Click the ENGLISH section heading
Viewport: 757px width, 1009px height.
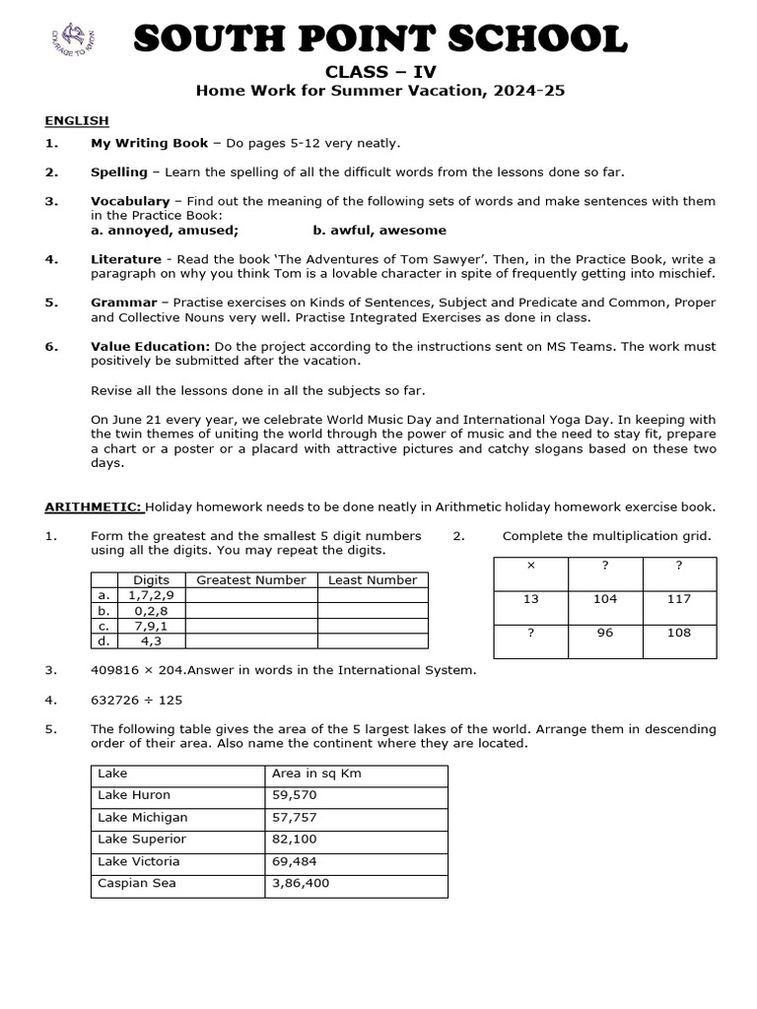point(77,121)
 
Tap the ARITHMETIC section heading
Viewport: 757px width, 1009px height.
point(94,507)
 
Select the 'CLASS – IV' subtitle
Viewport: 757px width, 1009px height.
point(379,71)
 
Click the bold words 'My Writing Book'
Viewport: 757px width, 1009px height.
point(150,144)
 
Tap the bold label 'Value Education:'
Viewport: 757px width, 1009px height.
point(150,347)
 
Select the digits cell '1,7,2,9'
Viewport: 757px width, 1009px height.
point(151,595)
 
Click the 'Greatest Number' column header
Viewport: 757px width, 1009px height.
point(251,580)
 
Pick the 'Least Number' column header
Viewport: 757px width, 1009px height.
point(373,580)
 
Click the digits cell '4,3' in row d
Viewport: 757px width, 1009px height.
point(151,640)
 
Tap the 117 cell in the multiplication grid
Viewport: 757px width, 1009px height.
point(678,599)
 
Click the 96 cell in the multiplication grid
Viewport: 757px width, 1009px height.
point(605,634)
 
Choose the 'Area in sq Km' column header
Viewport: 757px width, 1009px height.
point(316,774)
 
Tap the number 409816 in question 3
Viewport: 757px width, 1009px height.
point(116,671)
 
